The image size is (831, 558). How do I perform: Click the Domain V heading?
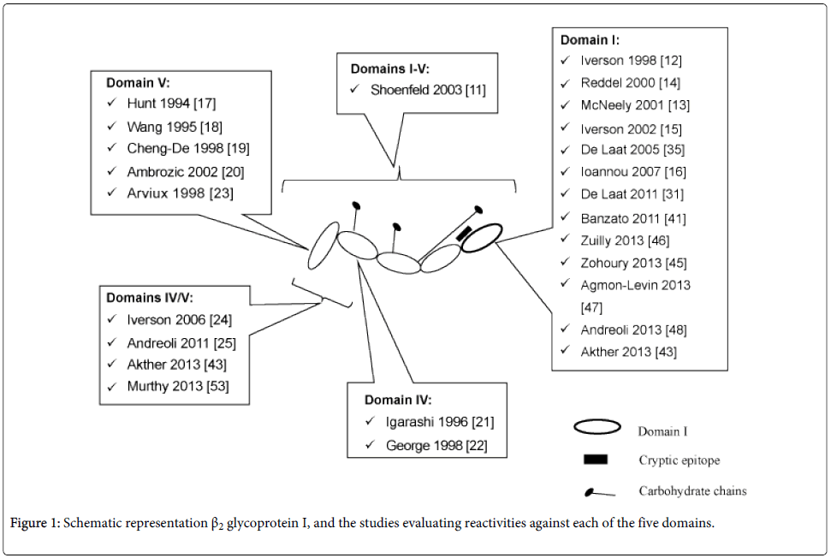tap(138, 83)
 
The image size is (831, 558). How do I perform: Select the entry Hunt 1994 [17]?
tap(169, 104)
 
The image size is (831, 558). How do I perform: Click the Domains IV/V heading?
tap(149, 298)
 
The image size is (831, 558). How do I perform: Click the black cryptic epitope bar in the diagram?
tap(465, 231)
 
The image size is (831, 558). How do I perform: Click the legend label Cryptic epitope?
tap(679, 460)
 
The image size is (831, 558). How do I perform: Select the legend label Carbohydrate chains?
tap(692, 491)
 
